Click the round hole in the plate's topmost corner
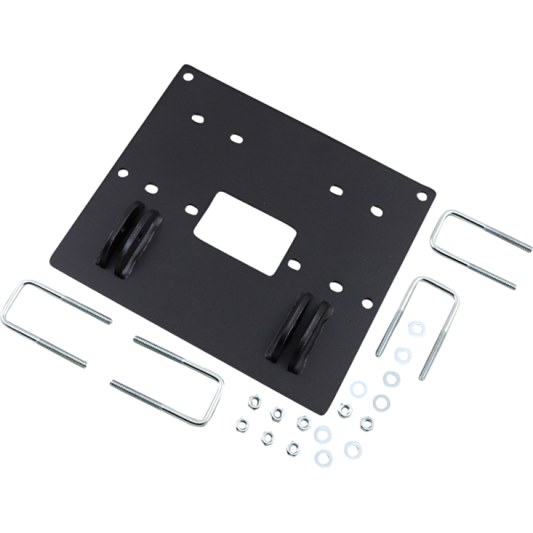[187, 77]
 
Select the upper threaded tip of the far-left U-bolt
[109, 318]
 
